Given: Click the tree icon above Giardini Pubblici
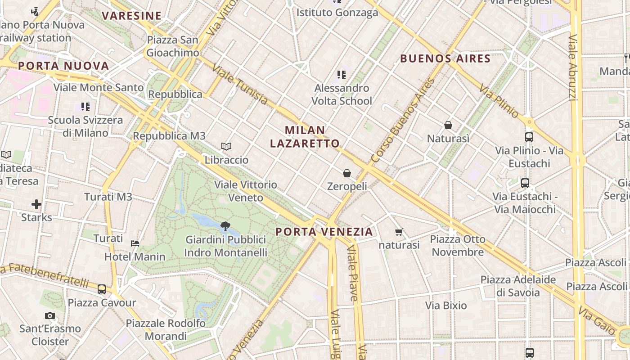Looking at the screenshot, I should (x=225, y=226).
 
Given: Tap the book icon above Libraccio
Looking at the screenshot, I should (x=226, y=146).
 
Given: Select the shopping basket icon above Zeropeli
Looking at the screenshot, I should (x=347, y=173).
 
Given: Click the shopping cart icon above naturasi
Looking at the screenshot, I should (x=399, y=232).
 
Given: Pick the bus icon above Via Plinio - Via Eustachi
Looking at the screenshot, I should (x=529, y=137).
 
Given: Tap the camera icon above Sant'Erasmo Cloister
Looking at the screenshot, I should (x=50, y=316).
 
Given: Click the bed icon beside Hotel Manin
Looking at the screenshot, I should (x=135, y=243).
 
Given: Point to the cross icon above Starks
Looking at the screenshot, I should (x=36, y=205).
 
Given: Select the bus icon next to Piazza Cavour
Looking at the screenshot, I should (x=102, y=289).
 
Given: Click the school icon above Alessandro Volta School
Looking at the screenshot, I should (x=342, y=75).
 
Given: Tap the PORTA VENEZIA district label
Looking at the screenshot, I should (x=324, y=232).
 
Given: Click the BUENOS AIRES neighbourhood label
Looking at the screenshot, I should (x=445, y=58).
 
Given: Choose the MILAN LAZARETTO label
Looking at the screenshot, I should (x=305, y=137).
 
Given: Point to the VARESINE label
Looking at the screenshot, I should (x=131, y=16).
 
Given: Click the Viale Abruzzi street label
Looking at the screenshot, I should (x=572, y=67).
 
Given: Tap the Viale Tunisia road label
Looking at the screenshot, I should (x=239, y=85).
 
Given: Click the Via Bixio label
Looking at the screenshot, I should (x=446, y=306).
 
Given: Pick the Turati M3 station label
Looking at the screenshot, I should (x=108, y=197).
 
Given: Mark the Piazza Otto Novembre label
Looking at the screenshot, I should (x=458, y=245).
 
